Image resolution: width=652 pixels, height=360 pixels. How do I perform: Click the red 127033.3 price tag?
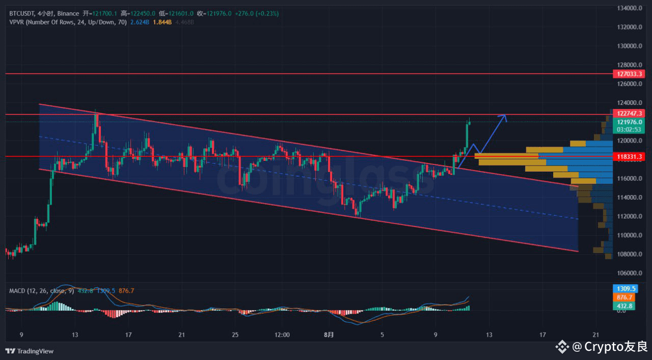pos(630,74)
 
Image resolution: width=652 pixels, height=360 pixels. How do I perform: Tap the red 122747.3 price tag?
pos(630,114)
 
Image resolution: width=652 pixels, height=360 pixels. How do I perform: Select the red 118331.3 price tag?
pos(630,157)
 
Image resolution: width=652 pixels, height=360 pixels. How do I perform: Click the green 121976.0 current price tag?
pos(630,122)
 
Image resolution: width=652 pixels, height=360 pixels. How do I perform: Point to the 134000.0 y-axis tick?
pos(630,8)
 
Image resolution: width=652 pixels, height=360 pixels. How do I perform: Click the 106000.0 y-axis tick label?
pos(630,273)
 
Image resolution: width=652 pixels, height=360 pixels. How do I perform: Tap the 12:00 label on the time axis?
pos(282,335)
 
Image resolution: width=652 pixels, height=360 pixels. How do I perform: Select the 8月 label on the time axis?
pos(330,335)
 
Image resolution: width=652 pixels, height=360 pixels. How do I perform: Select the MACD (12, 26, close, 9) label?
pos(41,291)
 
